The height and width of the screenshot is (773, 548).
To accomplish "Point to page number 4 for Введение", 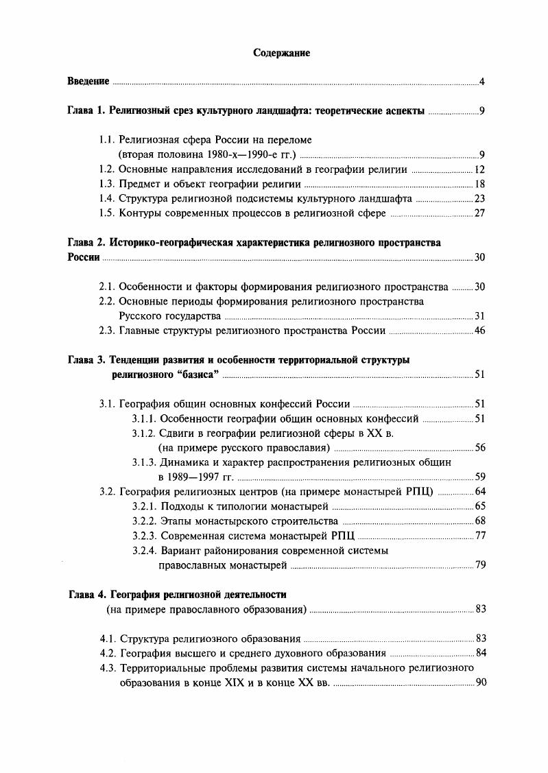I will pyautogui.click(x=482, y=82).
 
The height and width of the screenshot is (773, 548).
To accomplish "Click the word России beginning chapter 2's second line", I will pyautogui.click(x=83, y=258).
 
